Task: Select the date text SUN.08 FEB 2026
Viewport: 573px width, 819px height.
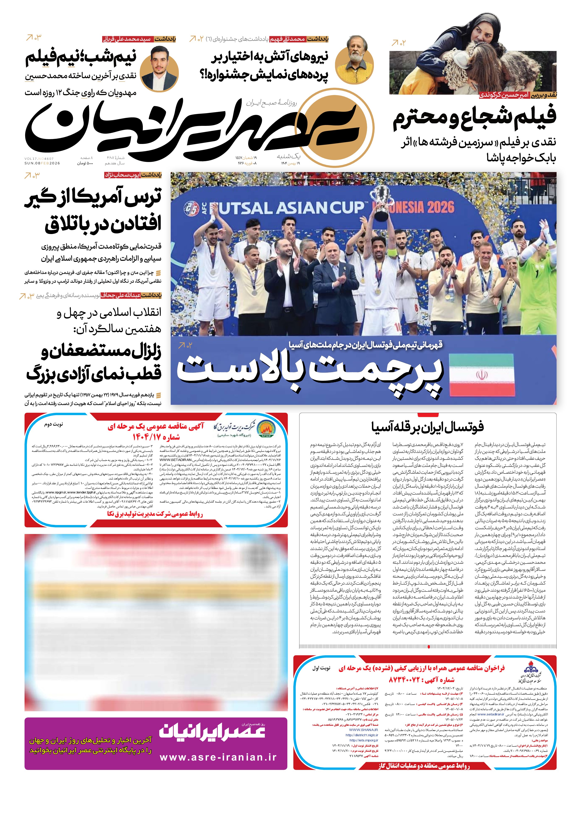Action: pos(42,163)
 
